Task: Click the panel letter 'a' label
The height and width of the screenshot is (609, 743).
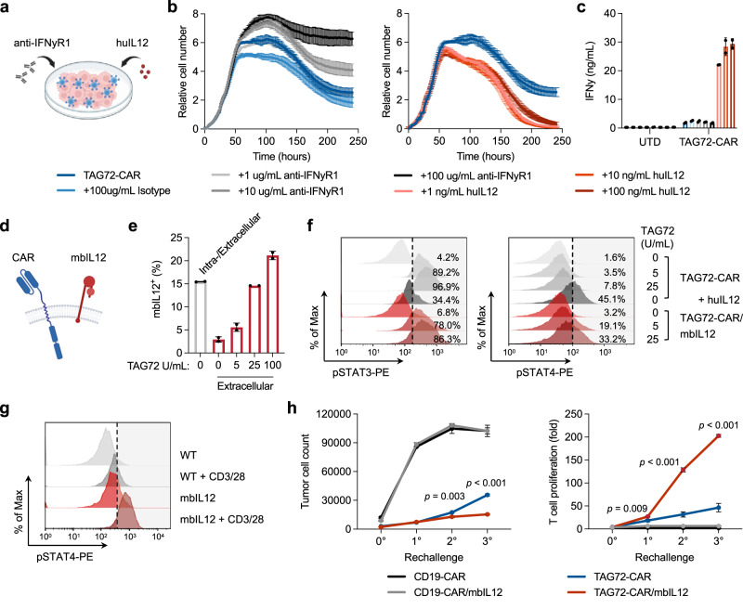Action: point(7,8)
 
